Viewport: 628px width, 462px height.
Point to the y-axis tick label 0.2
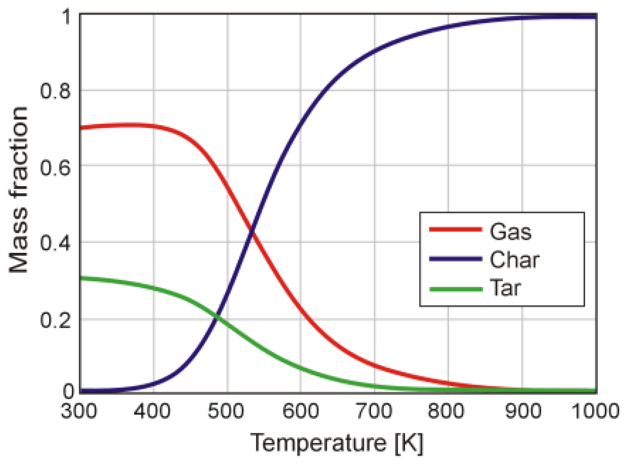(55, 320)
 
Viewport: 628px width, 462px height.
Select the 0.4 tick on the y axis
(55, 243)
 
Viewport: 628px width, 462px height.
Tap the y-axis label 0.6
(55, 167)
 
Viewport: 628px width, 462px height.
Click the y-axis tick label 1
(67, 17)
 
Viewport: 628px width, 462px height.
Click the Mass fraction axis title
(18, 190)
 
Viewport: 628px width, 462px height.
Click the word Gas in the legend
(510, 232)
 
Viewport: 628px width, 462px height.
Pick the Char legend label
(514, 260)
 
